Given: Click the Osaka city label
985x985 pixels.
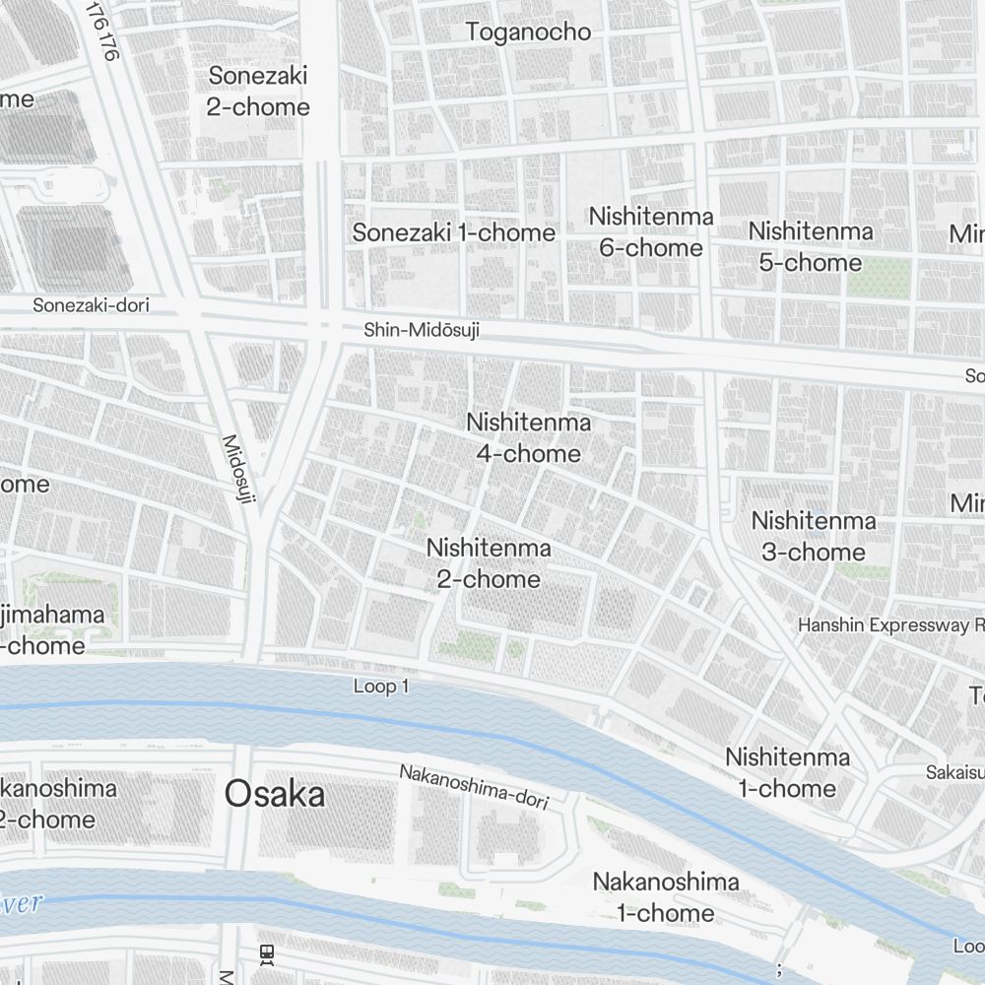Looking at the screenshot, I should point(275,794).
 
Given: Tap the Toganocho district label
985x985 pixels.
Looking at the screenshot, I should point(528,33).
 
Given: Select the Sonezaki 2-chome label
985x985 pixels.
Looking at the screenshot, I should point(258,92).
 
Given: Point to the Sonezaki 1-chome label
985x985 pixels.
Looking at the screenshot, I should point(454,233).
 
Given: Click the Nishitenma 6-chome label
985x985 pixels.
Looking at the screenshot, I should point(651,231).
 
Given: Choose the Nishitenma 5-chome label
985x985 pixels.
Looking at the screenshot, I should point(810,247).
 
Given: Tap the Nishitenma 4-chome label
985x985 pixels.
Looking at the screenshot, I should point(529,438).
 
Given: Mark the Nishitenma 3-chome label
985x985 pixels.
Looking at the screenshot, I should point(814,536).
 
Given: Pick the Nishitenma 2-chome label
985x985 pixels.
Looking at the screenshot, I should point(489,563).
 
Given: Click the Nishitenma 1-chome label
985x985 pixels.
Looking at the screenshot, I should point(787,772).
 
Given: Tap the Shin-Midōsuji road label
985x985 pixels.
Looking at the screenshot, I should point(422,330).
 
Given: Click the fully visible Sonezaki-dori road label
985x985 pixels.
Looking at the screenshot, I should point(91,305).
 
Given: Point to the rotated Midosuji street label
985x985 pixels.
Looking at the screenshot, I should point(238,470).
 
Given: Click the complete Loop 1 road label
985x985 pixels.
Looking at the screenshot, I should point(380,687).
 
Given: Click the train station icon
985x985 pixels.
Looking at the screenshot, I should point(266,953).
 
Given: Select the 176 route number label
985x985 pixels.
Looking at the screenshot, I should point(102,31).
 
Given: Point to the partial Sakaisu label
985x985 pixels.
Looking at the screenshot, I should point(954,771).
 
